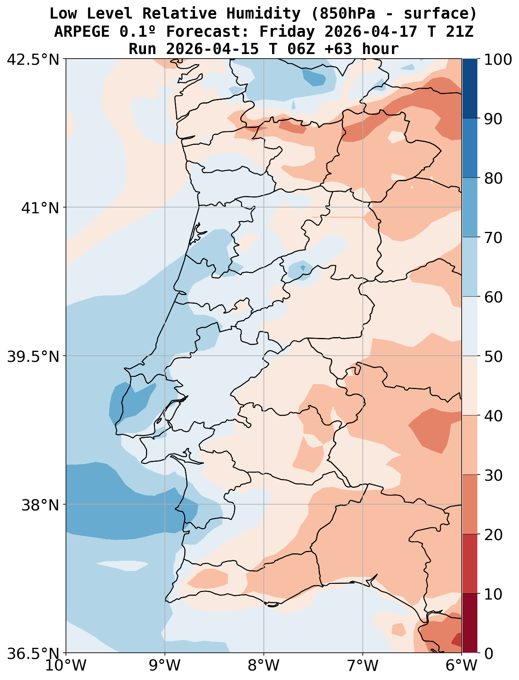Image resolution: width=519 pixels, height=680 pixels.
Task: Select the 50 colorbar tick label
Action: click(x=493, y=357)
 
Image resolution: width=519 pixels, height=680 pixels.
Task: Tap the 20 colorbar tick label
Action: click(x=493, y=535)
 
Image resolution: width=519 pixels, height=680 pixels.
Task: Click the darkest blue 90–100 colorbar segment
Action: click(x=470, y=88)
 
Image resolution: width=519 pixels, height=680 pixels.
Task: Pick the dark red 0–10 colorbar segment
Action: click(x=470, y=623)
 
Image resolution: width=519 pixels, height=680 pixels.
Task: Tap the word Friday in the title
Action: click(x=287, y=31)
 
